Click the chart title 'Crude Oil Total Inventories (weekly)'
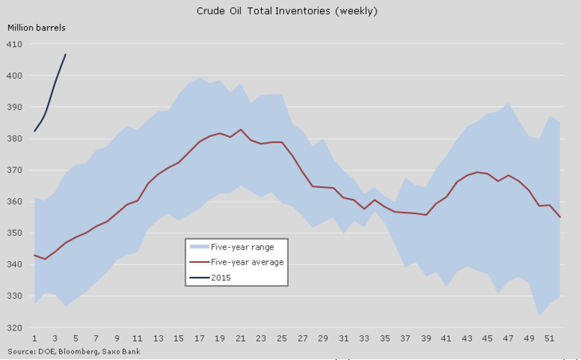[287, 11]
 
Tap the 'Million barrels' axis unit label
[37, 28]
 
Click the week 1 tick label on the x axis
[34, 338]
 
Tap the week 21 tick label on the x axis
[240, 338]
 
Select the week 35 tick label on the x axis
[385, 338]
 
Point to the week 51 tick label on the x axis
[550, 338]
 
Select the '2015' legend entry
[221, 276]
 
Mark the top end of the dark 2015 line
[65, 54]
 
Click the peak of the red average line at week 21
[240, 129]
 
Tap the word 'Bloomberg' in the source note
[66, 350]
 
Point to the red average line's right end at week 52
[560, 217]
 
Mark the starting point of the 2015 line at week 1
[34, 131]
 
